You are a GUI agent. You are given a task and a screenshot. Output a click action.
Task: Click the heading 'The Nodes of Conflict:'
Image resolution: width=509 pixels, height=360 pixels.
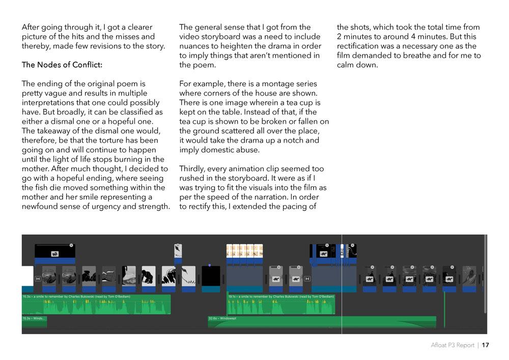tap(62, 65)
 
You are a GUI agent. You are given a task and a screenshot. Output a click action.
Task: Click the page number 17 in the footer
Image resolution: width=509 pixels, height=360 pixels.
tap(485, 345)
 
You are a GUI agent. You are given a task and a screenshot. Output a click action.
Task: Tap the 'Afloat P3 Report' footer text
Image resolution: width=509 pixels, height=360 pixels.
tap(453, 345)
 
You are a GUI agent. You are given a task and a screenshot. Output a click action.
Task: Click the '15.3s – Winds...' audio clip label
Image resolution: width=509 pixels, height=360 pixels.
tap(34, 319)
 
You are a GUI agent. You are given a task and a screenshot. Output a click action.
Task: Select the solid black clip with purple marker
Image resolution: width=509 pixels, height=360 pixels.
tap(211, 276)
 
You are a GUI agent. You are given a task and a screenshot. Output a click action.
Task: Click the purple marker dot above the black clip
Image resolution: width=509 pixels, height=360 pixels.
tap(209, 265)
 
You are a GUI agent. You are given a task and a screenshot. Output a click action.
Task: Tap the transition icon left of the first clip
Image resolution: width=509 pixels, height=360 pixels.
tap(38, 279)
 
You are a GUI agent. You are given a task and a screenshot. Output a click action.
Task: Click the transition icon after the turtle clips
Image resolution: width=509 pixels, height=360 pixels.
tap(307, 279)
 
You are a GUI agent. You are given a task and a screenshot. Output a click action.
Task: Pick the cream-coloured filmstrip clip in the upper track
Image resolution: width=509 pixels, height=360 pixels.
tap(244, 251)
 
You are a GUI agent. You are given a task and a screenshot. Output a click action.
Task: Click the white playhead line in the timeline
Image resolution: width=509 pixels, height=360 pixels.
tap(342, 306)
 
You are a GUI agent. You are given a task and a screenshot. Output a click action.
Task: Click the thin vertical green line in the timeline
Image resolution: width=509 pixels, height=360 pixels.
tap(444, 308)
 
